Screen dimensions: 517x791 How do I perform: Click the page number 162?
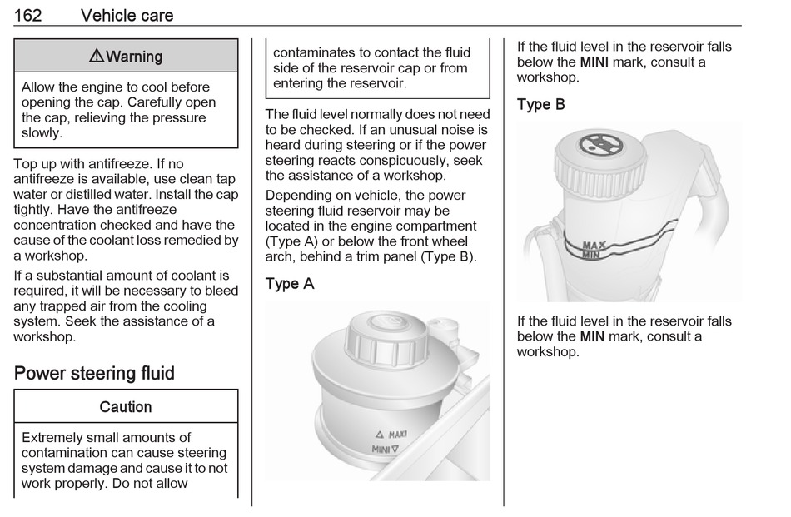pyautogui.click(x=31, y=15)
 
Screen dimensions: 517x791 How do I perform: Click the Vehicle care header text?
pyautogui.click(x=127, y=15)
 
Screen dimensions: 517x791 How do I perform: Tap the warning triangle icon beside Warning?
pyautogui.click(x=97, y=57)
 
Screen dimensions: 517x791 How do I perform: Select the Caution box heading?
pyautogui.click(x=126, y=407)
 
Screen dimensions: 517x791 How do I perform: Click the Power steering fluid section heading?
pyautogui.click(x=94, y=373)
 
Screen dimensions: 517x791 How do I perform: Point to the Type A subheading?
pyautogui.click(x=290, y=284)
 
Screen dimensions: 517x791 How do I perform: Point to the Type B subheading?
pyautogui.click(x=541, y=105)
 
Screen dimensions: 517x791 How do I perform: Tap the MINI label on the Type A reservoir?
pyautogui.click(x=381, y=450)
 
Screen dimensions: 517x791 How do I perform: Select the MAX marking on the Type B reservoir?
pyautogui.click(x=594, y=246)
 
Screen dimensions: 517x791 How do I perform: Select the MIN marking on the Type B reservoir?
pyautogui.click(x=592, y=255)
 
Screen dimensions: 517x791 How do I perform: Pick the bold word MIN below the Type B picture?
pyautogui.click(x=592, y=336)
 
